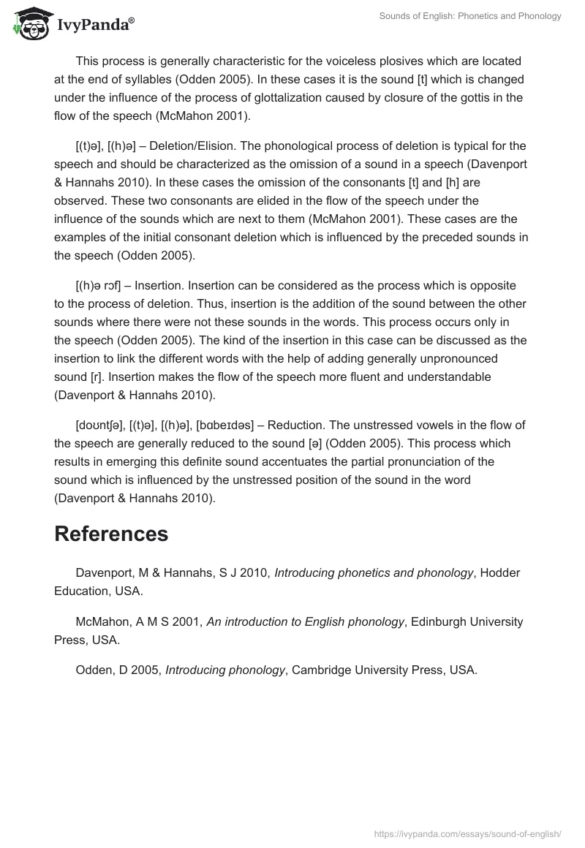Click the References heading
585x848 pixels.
click(111, 534)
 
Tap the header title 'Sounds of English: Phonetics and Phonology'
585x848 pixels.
click(470, 16)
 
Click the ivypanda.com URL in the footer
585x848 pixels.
click(468, 833)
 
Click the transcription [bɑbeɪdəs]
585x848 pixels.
click(225, 425)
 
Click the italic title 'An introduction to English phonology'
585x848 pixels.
click(306, 621)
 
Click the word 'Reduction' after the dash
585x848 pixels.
click(296, 425)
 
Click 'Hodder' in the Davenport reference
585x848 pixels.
click(500, 573)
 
